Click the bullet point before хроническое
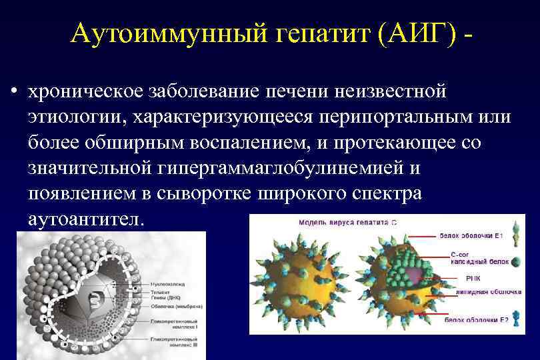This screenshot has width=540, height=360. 14,91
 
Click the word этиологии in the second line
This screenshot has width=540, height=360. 77,117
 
